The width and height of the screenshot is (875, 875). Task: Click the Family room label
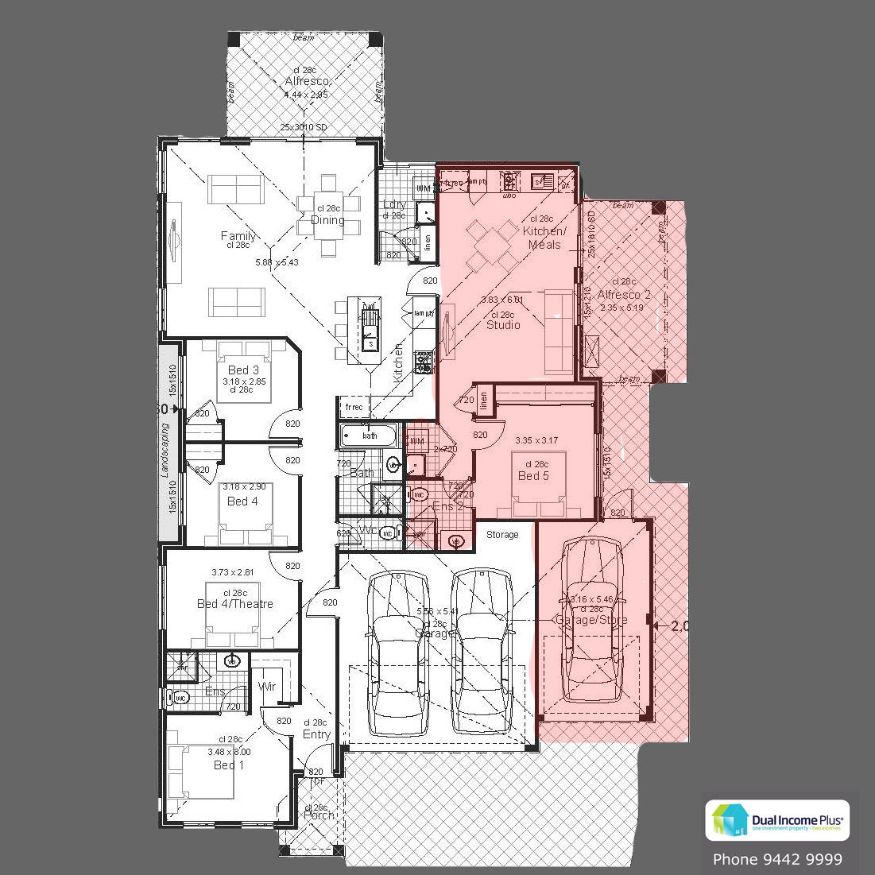pyautogui.click(x=238, y=236)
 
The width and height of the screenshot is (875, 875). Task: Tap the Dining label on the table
pyautogui.click(x=327, y=220)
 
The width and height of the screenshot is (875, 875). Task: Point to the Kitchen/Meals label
pyautogui.click(x=544, y=238)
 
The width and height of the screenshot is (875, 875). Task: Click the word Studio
pyautogui.click(x=503, y=325)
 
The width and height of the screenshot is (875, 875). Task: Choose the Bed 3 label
pyautogui.click(x=243, y=370)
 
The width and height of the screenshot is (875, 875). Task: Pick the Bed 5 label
pyautogui.click(x=533, y=476)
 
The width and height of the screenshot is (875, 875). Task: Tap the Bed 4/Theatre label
pyautogui.click(x=235, y=604)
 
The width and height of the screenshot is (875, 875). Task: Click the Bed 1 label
pyautogui.click(x=229, y=765)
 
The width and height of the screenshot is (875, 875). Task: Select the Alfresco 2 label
pyautogui.click(x=624, y=295)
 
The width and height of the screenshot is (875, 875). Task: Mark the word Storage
pyautogui.click(x=502, y=535)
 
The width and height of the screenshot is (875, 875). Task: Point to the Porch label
pyautogui.click(x=319, y=815)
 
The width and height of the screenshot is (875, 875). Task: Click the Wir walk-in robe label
pyautogui.click(x=267, y=686)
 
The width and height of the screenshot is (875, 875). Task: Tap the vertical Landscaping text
pyautogui.click(x=166, y=450)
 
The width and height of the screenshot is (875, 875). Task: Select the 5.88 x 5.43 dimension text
pyautogui.click(x=277, y=262)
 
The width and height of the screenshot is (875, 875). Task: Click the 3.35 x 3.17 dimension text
pyautogui.click(x=536, y=439)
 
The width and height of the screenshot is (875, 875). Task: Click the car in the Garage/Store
pyautogui.click(x=591, y=620)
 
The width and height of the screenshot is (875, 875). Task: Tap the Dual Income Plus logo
pyautogui.click(x=776, y=820)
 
